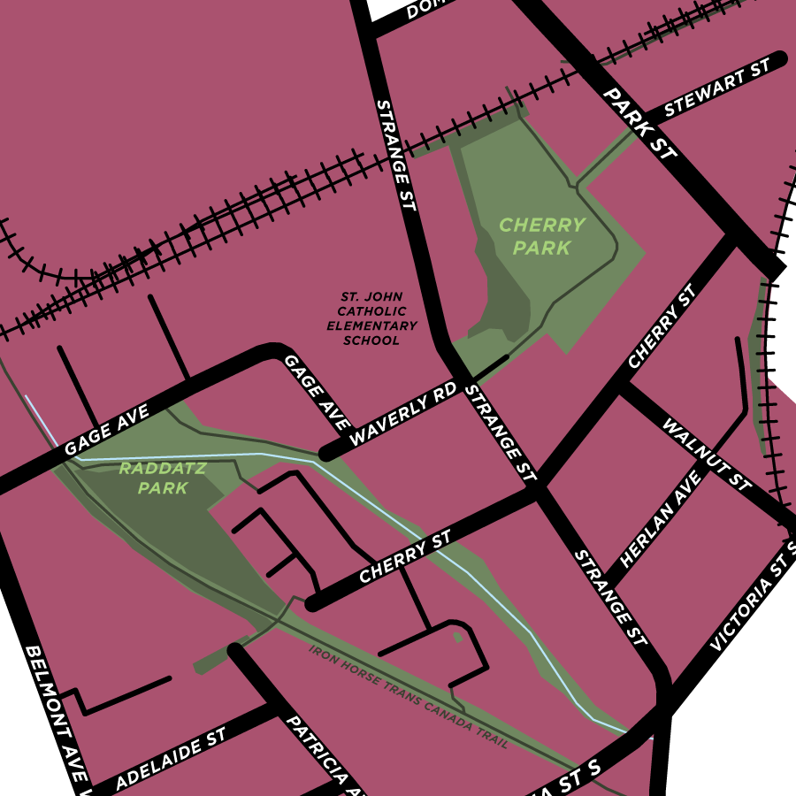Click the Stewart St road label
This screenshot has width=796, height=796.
[712, 91]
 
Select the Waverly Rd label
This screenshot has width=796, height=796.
[402, 414]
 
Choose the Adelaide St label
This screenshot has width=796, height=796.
[170, 760]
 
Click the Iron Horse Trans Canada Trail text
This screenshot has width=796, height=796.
[408, 697]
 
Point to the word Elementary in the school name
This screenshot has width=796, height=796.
[371, 326]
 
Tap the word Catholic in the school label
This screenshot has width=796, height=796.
[371, 311]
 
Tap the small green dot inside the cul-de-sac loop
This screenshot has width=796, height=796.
[457, 636]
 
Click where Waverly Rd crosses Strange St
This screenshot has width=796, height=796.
[455, 370]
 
